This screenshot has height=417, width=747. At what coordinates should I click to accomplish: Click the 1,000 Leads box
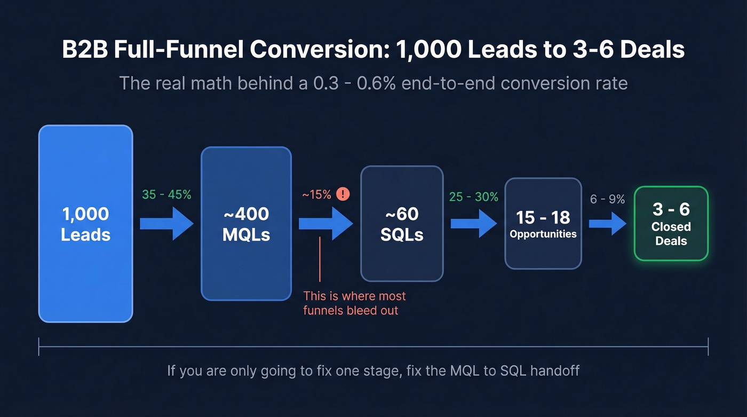click(x=85, y=224)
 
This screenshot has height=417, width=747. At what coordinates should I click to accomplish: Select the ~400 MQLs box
click(x=246, y=224)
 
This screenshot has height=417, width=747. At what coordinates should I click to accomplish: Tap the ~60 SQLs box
click(x=402, y=224)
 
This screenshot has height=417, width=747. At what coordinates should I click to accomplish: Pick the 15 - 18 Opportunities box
click(x=543, y=223)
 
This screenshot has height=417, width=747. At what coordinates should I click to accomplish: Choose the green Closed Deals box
click(x=671, y=223)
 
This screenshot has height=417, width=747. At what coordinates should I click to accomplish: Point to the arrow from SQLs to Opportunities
click(x=473, y=223)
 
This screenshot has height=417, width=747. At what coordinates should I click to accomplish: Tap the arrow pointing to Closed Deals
click(x=607, y=223)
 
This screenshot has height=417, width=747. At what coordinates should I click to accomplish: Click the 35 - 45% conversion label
click(x=166, y=195)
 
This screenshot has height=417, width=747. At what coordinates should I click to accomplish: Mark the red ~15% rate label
click(x=317, y=195)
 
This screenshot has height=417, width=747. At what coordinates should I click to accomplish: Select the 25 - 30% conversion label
click(x=473, y=197)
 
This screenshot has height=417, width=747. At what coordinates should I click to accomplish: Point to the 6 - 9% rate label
click(x=607, y=199)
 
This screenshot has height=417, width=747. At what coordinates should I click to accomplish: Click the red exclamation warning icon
click(x=343, y=194)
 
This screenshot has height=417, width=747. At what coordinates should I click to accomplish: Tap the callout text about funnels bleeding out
click(x=354, y=303)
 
